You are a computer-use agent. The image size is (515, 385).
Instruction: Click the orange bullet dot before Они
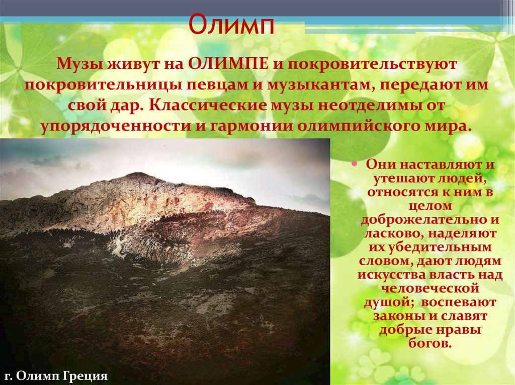tap(355, 164)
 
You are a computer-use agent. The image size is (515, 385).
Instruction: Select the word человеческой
tap(429, 289)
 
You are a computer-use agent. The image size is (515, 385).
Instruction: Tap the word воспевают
tap(459, 303)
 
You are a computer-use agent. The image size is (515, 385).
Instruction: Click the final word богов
tap(429, 344)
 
